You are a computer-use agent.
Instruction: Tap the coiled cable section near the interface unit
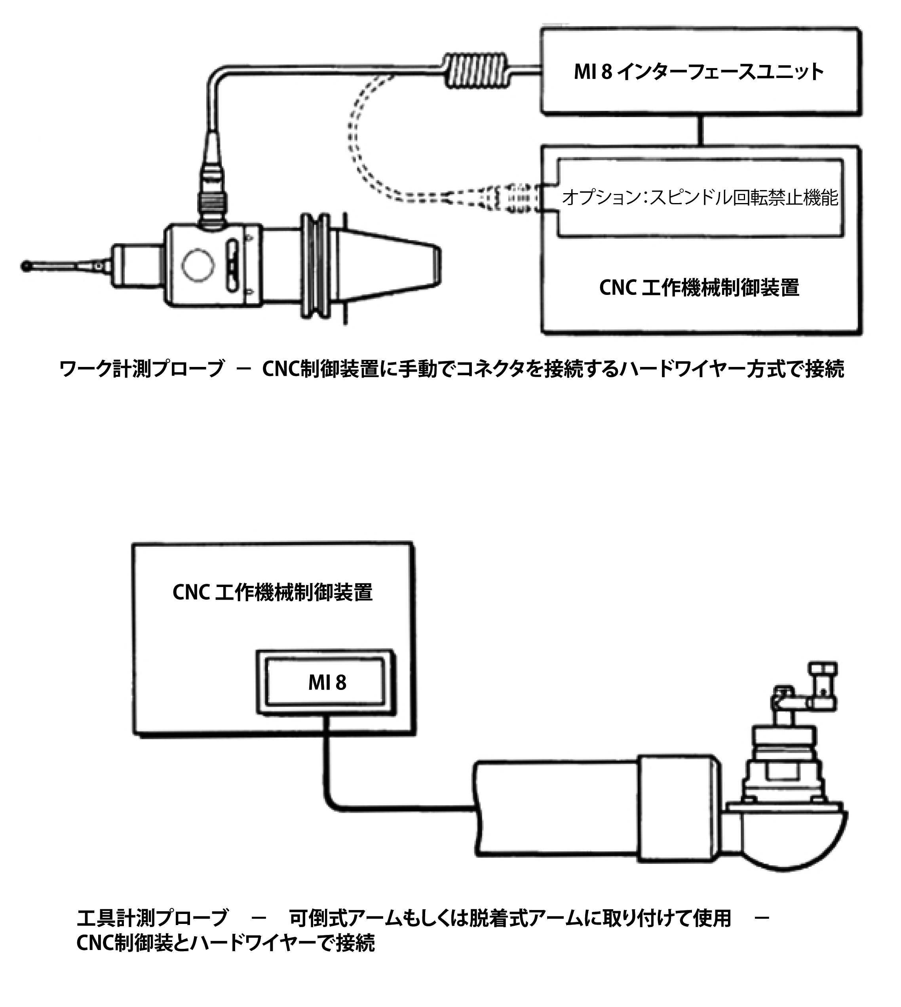click(x=475, y=70)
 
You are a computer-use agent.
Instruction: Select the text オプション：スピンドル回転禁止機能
click(x=700, y=198)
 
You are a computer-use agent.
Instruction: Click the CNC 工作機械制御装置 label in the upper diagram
click(x=699, y=288)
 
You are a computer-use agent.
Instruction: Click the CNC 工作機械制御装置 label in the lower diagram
click(x=272, y=593)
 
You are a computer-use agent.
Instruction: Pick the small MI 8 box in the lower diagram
click(x=326, y=683)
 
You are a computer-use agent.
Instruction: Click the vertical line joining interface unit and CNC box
click(x=700, y=130)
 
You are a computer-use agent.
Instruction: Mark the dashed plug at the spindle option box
click(x=515, y=198)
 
